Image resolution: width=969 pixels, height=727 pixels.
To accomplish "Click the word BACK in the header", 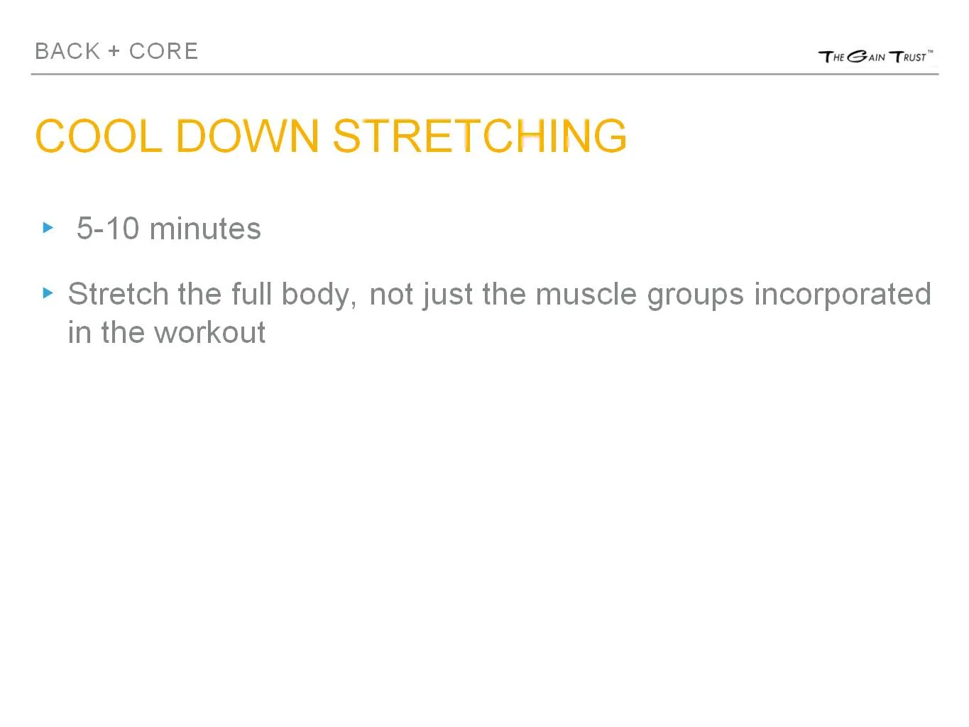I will pyautogui.click(x=67, y=51).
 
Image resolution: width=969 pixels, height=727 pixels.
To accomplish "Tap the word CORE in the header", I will pyautogui.click(x=163, y=51).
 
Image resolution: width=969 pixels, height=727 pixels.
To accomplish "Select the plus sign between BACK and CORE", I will pyautogui.click(x=114, y=52).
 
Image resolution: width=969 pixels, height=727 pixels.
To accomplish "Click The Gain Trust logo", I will pyautogui.click(x=875, y=56).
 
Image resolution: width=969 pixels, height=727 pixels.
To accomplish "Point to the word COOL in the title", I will pyautogui.click(x=98, y=136).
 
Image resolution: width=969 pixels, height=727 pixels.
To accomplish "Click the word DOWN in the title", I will pyautogui.click(x=247, y=136).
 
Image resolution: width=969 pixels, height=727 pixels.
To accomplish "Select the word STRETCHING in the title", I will pyautogui.click(x=480, y=136).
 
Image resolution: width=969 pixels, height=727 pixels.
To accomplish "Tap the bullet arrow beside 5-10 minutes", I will pyautogui.click(x=48, y=228).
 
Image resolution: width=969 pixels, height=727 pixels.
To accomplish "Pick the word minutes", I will pyautogui.click(x=205, y=229).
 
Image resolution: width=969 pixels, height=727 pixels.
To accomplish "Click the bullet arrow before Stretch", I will pyautogui.click(x=48, y=293).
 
